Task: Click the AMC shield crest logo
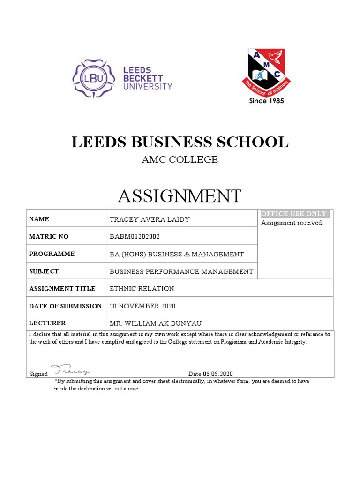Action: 266,71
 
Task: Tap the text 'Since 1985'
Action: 266,101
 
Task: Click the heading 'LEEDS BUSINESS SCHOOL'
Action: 180,142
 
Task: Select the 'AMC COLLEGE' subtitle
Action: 180,160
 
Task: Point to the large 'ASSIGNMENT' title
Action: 180,196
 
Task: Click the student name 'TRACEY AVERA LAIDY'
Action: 150,219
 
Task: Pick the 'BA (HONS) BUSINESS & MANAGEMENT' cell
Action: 176,254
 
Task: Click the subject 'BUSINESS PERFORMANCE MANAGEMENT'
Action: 181,271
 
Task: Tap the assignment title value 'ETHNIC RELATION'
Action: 142,289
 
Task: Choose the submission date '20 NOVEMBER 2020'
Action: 142,306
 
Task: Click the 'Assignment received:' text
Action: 292,223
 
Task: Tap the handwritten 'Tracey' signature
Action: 70,370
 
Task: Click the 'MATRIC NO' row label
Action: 49,237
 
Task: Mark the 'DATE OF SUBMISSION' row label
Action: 65,306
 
